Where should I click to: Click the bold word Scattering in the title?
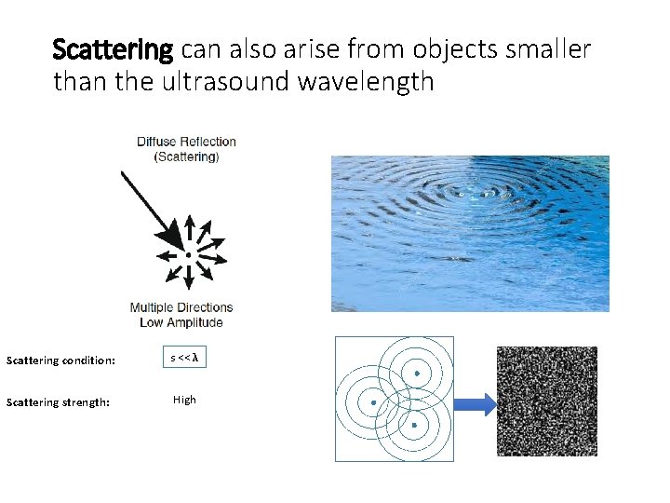click(x=113, y=48)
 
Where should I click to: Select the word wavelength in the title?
click(x=366, y=82)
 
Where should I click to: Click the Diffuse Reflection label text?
click(x=186, y=142)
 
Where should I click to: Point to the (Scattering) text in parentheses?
click(x=186, y=156)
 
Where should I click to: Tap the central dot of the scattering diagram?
click(x=189, y=254)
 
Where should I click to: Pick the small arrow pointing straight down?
click(x=189, y=278)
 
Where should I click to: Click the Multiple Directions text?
click(x=181, y=307)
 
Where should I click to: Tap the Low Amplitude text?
click(x=181, y=322)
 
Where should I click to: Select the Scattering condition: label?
click(x=60, y=360)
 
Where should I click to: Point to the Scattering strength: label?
click(x=58, y=402)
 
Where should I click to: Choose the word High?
click(x=184, y=400)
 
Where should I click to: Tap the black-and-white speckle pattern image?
click(x=546, y=401)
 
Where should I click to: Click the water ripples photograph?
click(x=470, y=233)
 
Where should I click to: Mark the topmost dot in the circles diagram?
click(x=417, y=374)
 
